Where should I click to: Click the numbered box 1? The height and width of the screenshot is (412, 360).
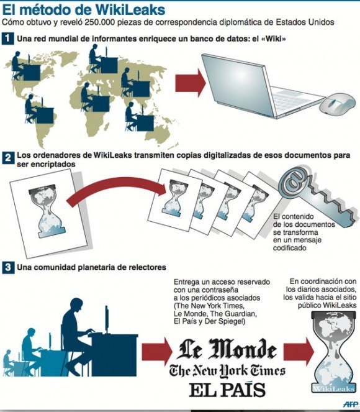7,39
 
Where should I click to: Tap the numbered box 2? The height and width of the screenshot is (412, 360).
8,158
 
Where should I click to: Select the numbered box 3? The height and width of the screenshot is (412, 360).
8,267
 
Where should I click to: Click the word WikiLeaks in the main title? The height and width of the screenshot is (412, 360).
130,10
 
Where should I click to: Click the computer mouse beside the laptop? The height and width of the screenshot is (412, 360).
338,103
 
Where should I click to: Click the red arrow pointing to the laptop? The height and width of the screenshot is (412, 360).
191,83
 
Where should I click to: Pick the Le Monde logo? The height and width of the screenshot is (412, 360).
227,349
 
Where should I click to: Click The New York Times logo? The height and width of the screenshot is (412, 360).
227,371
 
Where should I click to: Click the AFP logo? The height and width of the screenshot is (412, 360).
350,403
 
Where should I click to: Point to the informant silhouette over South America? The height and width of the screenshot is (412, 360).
39,109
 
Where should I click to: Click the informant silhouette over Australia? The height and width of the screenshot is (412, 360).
139,117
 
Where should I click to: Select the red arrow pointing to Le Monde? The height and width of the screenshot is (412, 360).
157,352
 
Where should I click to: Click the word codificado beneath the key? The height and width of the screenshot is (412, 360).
289,248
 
